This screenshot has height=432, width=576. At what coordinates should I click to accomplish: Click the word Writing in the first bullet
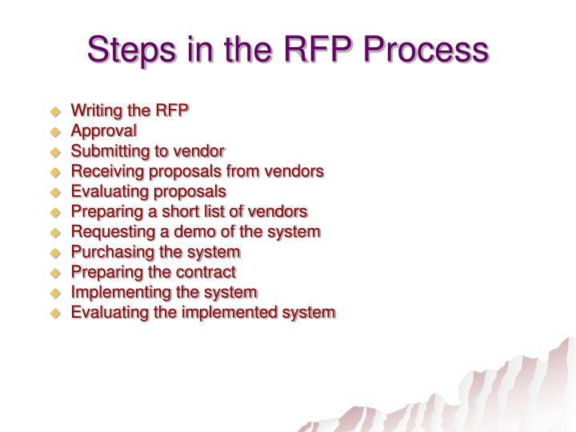pos(97,110)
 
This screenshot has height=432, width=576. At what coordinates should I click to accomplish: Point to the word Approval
pos(104,130)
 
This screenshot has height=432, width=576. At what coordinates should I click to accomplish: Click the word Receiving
pos(105,171)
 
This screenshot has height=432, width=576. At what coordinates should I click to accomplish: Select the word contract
pos(209,272)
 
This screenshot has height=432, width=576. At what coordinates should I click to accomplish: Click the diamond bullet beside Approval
pos(57,131)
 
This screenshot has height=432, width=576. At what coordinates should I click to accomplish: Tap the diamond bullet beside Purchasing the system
pos(57,253)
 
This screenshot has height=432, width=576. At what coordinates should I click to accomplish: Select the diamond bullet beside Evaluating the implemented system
pos(57,313)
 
